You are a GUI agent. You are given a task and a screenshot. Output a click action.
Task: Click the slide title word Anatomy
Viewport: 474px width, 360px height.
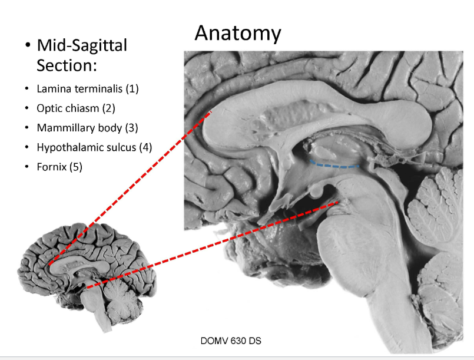point(237,33)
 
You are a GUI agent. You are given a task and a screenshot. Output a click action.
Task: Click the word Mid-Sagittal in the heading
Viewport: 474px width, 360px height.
point(82,45)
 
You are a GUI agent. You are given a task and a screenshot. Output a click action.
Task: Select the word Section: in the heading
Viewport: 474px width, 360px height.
point(67,65)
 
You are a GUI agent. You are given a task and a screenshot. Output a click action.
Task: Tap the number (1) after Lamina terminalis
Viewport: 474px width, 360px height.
point(132,89)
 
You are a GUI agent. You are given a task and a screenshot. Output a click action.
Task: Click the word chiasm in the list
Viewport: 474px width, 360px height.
point(81,108)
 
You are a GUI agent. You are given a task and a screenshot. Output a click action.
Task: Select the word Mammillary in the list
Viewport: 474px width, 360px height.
point(62,128)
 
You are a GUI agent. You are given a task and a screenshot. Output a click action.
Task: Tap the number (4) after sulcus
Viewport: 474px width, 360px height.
point(145,147)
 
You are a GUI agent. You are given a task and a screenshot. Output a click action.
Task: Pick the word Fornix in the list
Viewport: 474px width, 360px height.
point(51,167)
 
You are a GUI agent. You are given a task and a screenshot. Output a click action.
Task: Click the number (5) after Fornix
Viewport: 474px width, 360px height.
point(75,167)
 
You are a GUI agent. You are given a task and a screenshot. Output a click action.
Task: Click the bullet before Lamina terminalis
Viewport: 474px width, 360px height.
point(26,90)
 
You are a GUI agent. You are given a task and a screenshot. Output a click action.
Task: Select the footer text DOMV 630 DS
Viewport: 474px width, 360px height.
point(235,341)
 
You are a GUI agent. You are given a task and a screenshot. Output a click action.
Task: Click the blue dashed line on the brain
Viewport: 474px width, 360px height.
point(336,166)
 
